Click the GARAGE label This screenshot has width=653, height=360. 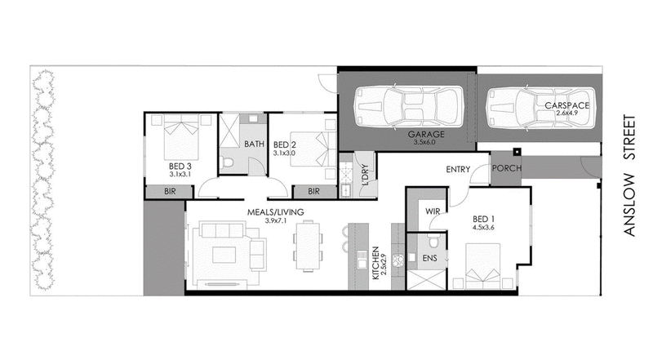(x=425, y=133)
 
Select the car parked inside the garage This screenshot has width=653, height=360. (x=405, y=105)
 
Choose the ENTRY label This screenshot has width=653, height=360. (x=459, y=169)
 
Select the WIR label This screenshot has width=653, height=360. (x=433, y=211)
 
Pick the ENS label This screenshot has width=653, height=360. (x=430, y=259)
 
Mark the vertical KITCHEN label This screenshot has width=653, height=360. (x=375, y=263)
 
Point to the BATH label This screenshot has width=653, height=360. (x=255, y=144)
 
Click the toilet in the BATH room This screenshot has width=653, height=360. (x=230, y=164)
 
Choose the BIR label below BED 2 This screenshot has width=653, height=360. (x=313, y=191)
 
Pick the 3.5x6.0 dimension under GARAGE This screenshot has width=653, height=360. (x=425, y=142)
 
